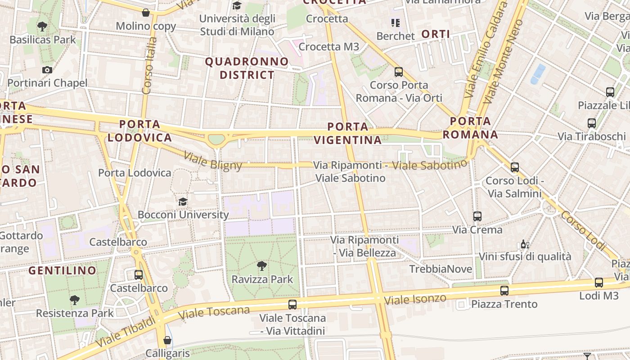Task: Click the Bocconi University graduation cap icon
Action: pos(183,202)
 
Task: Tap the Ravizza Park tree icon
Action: pos(261,266)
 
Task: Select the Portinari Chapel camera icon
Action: pos(47,70)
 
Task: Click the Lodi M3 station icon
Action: pos(599,283)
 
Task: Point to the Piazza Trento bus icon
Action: pos(504,291)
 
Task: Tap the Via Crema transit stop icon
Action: pos(477,216)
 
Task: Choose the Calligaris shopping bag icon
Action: pos(167,340)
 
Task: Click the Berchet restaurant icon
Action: pos(396,22)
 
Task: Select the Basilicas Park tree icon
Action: pos(42,27)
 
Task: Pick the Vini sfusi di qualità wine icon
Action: pos(525,244)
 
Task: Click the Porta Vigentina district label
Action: pos(348,133)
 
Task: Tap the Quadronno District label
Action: pos(247,68)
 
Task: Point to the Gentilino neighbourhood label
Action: pos(63,270)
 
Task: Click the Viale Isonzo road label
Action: pos(416,299)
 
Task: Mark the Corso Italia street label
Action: pos(149,66)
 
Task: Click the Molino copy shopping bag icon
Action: pos(146,13)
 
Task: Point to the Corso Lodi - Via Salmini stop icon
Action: pos(515,167)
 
